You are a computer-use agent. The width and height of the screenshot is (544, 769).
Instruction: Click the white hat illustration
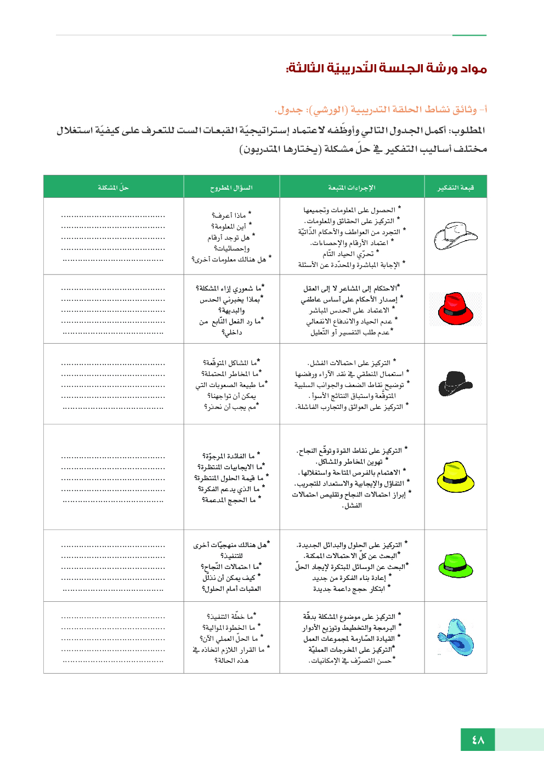click(x=456, y=236)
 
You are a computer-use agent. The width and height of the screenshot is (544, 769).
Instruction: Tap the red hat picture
click(x=455, y=309)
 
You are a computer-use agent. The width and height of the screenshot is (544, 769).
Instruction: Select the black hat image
click(x=455, y=383)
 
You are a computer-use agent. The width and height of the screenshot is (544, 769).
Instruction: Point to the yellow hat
click(x=455, y=476)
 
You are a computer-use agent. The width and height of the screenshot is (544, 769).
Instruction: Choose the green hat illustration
click(x=455, y=565)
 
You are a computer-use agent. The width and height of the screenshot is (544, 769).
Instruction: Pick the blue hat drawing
click(x=456, y=637)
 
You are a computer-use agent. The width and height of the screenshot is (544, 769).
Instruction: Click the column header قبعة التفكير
click(x=455, y=187)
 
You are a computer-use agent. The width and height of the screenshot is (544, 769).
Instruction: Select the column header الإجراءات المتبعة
click(x=352, y=187)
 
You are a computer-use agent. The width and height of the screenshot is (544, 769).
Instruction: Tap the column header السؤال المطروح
click(x=231, y=187)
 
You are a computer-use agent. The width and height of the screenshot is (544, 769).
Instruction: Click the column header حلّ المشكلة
click(x=113, y=187)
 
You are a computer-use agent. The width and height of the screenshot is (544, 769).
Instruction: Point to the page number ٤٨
click(x=478, y=740)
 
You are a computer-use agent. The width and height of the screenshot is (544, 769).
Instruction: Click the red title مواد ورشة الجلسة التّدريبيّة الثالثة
click(x=386, y=69)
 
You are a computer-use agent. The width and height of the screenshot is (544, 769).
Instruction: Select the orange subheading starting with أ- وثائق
click(x=381, y=110)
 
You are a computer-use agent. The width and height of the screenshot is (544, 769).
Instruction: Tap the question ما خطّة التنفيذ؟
click(x=230, y=617)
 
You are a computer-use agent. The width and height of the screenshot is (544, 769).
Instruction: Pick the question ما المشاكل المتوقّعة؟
click(x=230, y=363)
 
